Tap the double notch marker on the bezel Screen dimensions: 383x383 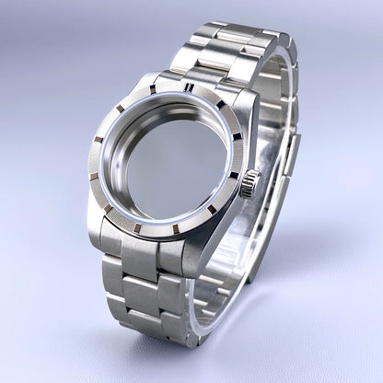189,87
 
